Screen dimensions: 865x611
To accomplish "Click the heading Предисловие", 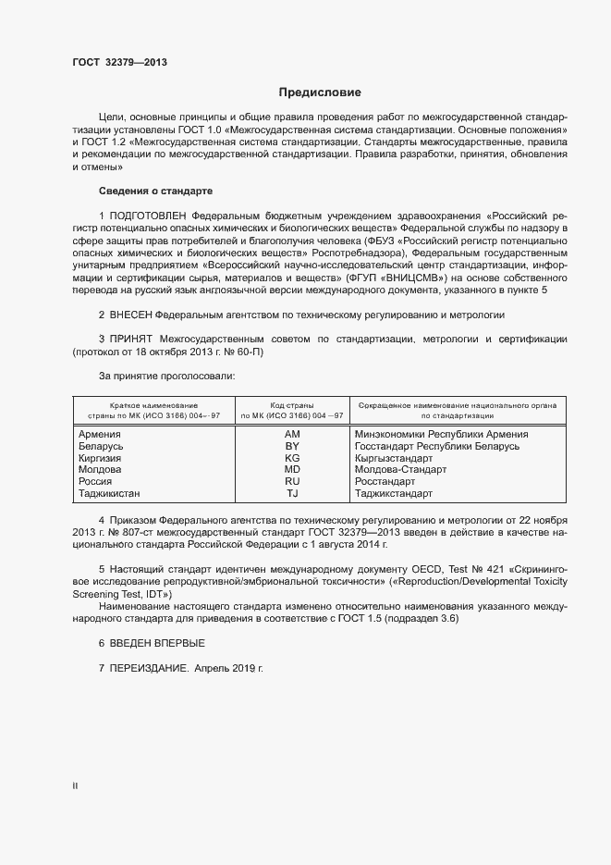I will (x=320, y=93).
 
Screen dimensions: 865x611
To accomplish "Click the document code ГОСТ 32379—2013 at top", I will (x=119, y=63).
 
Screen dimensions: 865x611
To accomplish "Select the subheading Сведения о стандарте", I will (x=155, y=191).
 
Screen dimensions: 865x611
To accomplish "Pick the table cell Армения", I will (x=99, y=434).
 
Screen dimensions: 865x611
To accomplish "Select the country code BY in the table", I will (x=292, y=446).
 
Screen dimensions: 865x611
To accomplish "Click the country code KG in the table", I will (x=292, y=458).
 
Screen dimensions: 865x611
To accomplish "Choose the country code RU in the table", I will (x=292, y=482).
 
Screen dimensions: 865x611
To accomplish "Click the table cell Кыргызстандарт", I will (x=394, y=458).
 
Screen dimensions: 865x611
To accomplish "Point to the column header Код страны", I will (x=292, y=405).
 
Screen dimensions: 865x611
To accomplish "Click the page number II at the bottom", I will (x=75, y=785).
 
